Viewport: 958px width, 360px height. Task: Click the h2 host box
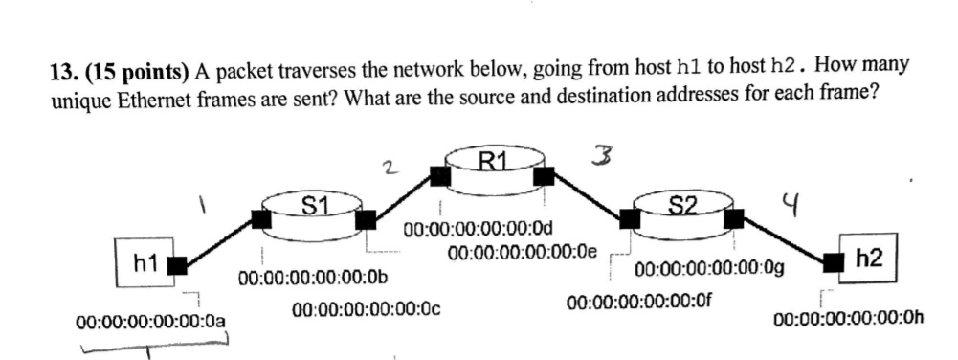tap(868, 257)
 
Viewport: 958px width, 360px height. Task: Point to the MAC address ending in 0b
tap(313, 279)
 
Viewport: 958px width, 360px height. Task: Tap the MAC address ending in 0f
tap(639, 303)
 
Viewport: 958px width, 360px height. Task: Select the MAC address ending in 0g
tap(711, 269)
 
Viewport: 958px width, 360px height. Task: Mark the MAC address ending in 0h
tap(849, 319)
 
